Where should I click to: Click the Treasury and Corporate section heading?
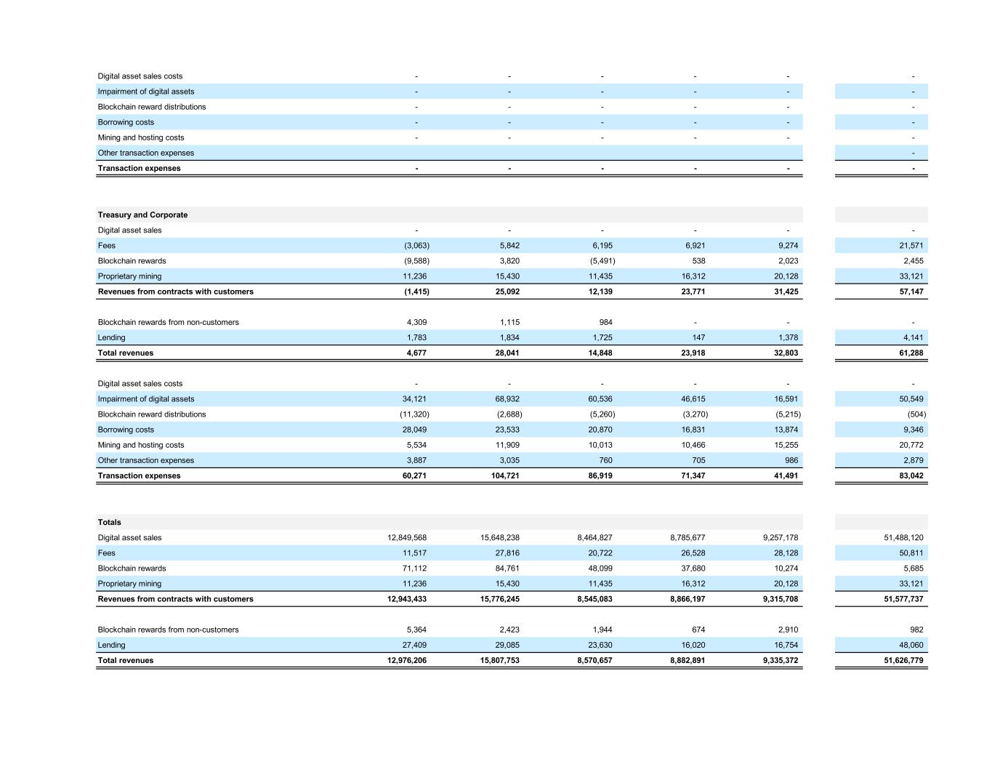point(142,214)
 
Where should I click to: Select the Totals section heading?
point(110,522)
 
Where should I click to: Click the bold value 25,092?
point(507,292)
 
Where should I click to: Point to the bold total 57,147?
point(911,292)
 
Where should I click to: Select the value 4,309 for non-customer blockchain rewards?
point(414,322)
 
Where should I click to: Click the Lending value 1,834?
point(507,337)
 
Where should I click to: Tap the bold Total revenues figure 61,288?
point(911,353)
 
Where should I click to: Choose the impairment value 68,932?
point(507,399)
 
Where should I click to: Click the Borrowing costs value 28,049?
point(414,430)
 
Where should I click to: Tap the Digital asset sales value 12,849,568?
point(407,538)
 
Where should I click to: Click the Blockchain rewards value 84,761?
point(507,569)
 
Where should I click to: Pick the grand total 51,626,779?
point(903,661)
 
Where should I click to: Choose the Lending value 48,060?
point(911,645)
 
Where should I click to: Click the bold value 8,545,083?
point(594,599)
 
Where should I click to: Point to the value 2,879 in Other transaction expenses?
point(913,460)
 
